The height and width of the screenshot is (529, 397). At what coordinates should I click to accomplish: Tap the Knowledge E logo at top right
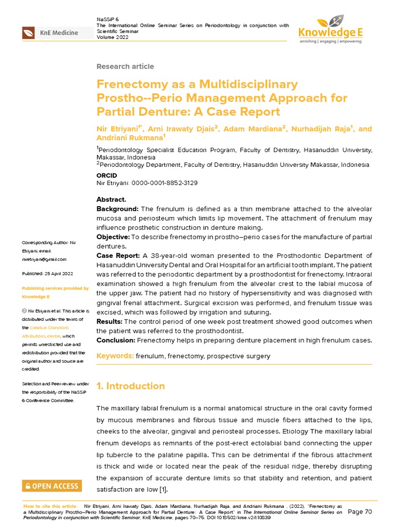coord(331,30)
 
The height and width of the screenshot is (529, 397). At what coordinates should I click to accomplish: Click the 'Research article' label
coord(125,67)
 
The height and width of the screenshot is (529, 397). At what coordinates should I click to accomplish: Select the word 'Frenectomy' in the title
coord(128,84)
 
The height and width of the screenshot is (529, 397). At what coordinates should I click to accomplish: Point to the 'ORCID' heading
coord(106,176)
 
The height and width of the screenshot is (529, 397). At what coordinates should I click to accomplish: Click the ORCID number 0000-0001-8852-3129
coord(165,183)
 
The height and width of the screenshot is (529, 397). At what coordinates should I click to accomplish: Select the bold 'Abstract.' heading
coord(111,199)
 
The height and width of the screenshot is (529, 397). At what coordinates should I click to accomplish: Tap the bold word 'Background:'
coord(117,208)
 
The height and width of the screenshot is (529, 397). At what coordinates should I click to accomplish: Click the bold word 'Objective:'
coord(114,237)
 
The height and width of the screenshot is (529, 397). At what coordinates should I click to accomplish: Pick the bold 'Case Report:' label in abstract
coord(119,256)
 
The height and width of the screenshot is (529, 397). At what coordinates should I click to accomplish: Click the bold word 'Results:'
coord(110,321)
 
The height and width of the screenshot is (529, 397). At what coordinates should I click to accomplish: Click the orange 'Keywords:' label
coord(115,356)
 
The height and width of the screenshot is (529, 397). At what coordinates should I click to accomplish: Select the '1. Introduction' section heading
coord(131,386)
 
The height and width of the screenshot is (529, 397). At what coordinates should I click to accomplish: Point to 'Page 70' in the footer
coord(360,511)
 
